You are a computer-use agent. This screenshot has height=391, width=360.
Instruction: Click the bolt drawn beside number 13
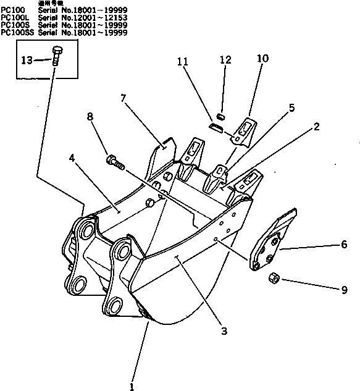[57, 57]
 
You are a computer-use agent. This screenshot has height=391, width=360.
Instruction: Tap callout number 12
[225, 60]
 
